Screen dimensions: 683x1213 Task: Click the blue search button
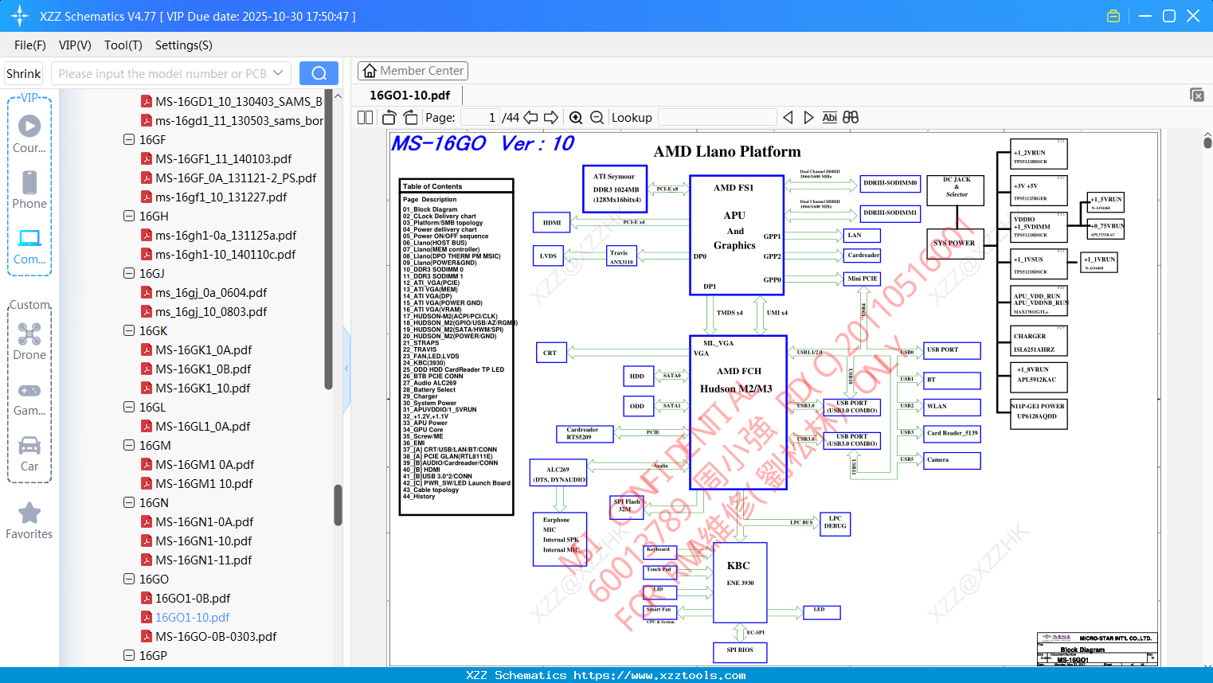coord(319,73)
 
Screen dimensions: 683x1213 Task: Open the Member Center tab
coord(413,71)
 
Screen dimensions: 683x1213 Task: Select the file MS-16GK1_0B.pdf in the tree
coord(203,369)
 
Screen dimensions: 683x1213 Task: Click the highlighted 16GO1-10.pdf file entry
coord(192,618)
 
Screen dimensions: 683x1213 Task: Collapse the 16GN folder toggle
coord(129,502)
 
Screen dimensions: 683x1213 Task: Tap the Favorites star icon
coord(29,513)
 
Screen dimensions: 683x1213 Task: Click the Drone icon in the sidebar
coord(29,334)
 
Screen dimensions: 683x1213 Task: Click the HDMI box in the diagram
coord(551,223)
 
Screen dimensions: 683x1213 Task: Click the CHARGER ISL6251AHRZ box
coord(1039,342)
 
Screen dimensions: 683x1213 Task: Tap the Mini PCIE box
coord(863,279)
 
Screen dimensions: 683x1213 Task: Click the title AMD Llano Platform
coord(727,152)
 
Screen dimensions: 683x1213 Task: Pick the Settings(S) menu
coord(183,45)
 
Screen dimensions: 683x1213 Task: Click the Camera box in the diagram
coord(952,460)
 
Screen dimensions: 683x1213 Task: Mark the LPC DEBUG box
coord(835,522)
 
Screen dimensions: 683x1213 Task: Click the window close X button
coord(1193,16)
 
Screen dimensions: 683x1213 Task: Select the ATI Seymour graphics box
coord(615,189)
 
